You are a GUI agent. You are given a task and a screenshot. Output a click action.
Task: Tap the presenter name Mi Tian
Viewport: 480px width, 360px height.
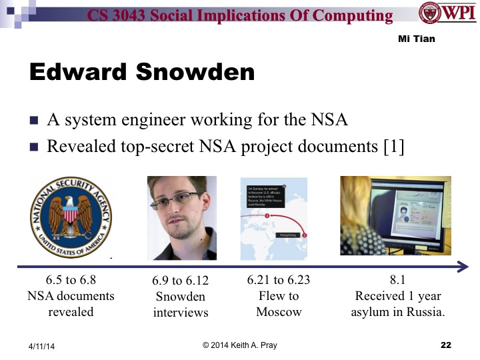(416, 39)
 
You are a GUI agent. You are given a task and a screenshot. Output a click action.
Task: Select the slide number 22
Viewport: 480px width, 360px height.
(446, 345)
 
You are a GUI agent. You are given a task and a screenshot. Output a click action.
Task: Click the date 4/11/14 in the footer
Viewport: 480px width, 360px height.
(43, 347)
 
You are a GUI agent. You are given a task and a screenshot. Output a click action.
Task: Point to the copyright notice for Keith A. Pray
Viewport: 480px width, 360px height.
(239, 345)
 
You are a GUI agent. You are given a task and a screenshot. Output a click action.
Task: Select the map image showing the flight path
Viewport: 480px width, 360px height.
(273, 218)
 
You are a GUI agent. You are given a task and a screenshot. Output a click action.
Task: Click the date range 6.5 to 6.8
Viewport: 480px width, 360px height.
(70, 281)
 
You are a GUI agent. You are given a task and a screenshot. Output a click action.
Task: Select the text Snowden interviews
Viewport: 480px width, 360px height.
(181, 305)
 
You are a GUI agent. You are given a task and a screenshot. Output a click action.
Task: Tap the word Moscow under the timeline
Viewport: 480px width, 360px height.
(278, 312)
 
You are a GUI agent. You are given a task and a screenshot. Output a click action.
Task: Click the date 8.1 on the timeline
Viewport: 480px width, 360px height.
(398, 281)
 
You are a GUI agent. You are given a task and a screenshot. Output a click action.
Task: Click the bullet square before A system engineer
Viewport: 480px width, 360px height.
(34, 122)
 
